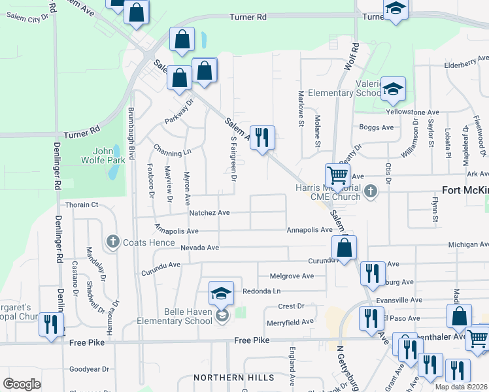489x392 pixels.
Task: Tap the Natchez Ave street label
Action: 209,213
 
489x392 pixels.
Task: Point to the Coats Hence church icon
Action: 112,242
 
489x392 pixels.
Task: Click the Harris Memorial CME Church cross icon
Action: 371,191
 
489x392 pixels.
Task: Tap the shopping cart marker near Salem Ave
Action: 337,176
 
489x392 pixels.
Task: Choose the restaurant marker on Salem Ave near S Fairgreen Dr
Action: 262,139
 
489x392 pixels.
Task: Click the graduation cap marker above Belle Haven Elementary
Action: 222,294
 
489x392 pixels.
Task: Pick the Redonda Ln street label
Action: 261,291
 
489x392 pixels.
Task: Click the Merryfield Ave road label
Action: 290,321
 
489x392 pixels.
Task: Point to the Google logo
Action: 22,384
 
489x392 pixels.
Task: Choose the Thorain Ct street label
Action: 81,204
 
